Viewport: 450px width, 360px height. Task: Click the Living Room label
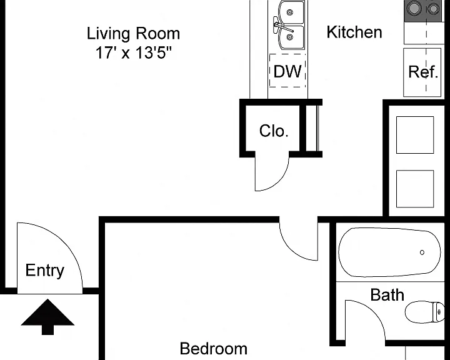[134, 33]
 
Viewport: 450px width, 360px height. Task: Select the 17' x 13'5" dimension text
[134, 52]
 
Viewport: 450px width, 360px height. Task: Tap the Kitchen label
[354, 32]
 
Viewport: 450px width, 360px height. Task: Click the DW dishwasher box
[287, 71]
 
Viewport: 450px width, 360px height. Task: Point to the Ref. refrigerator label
[423, 72]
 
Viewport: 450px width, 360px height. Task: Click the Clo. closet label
[274, 131]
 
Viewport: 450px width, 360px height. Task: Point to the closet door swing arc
[280, 181]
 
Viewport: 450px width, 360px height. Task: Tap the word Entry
[45, 271]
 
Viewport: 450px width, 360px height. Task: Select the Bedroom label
[214, 349]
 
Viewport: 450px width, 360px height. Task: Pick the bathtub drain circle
[422, 252]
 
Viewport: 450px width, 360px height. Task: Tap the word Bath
[387, 295]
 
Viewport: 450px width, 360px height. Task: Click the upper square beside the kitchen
[415, 135]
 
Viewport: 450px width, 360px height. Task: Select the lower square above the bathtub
[415, 189]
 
